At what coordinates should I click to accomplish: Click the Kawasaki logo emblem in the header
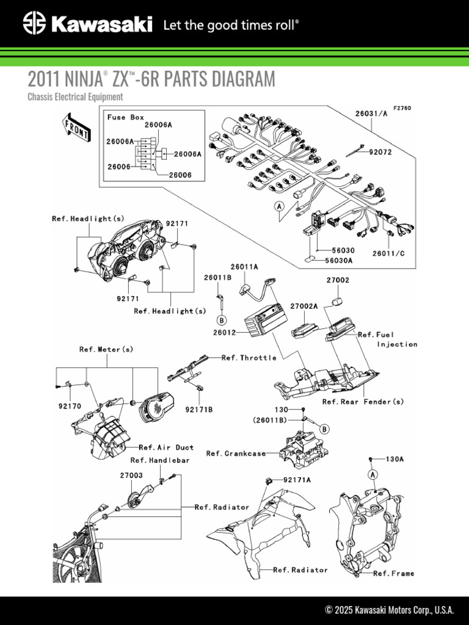click(35, 24)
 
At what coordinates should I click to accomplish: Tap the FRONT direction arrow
click(75, 126)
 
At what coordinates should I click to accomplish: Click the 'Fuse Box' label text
click(125, 117)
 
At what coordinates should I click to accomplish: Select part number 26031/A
click(371, 113)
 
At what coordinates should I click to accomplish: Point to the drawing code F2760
click(402, 108)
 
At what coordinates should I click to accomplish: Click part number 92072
click(380, 151)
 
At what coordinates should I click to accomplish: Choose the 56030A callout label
click(339, 260)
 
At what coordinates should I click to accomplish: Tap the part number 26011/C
click(388, 251)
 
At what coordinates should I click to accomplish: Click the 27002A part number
click(304, 306)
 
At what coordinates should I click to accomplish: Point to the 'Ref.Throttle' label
click(249, 358)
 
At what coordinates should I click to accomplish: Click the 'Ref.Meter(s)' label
click(106, 349)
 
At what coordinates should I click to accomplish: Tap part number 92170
click(70, 405)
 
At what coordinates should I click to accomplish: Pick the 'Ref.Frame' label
click(393, 573)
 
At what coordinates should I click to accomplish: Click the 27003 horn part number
click(131, 475)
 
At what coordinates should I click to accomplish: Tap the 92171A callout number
click(297, 480)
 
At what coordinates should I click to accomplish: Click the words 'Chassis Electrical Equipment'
click(75, 96)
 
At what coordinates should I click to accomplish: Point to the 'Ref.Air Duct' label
click(166, 447)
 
